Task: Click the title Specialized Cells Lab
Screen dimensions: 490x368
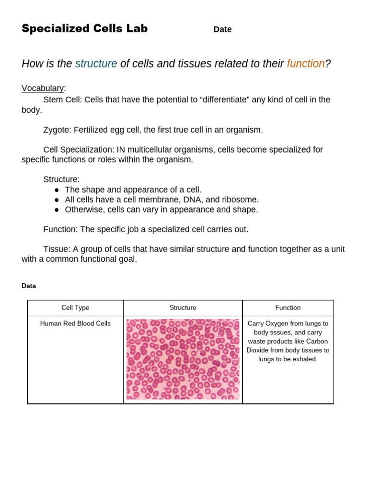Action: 84,29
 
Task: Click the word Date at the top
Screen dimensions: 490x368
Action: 222,30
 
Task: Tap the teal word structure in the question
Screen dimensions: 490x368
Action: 96,64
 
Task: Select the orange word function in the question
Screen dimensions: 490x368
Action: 306,64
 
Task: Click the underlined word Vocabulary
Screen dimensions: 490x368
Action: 43,88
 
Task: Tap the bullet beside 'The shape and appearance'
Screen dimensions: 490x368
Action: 57,190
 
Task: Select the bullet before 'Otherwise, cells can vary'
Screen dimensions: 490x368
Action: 57,210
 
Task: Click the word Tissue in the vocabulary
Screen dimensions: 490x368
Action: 56,249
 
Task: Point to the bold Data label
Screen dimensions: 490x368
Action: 29,286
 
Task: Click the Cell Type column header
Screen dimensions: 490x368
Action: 75,308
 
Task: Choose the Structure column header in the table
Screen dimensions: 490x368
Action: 183,308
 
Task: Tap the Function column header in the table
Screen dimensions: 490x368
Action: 288,308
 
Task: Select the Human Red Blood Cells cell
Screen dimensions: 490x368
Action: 75,323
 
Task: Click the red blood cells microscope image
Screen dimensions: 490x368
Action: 183,359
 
